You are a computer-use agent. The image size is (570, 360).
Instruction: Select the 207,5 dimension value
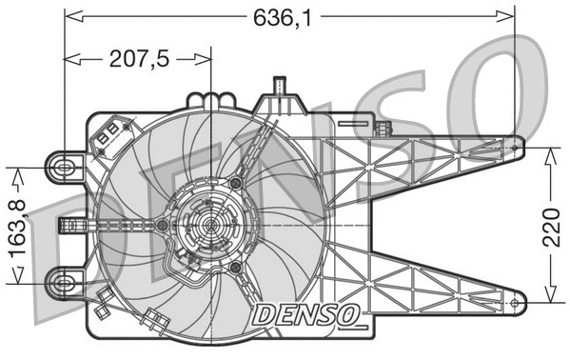coord(138,59)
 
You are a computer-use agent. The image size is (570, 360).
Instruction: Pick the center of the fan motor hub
coord(210,225)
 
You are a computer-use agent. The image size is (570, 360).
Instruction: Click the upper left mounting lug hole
coord(65,167)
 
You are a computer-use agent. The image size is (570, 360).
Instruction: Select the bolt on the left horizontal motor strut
coord(164,225)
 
